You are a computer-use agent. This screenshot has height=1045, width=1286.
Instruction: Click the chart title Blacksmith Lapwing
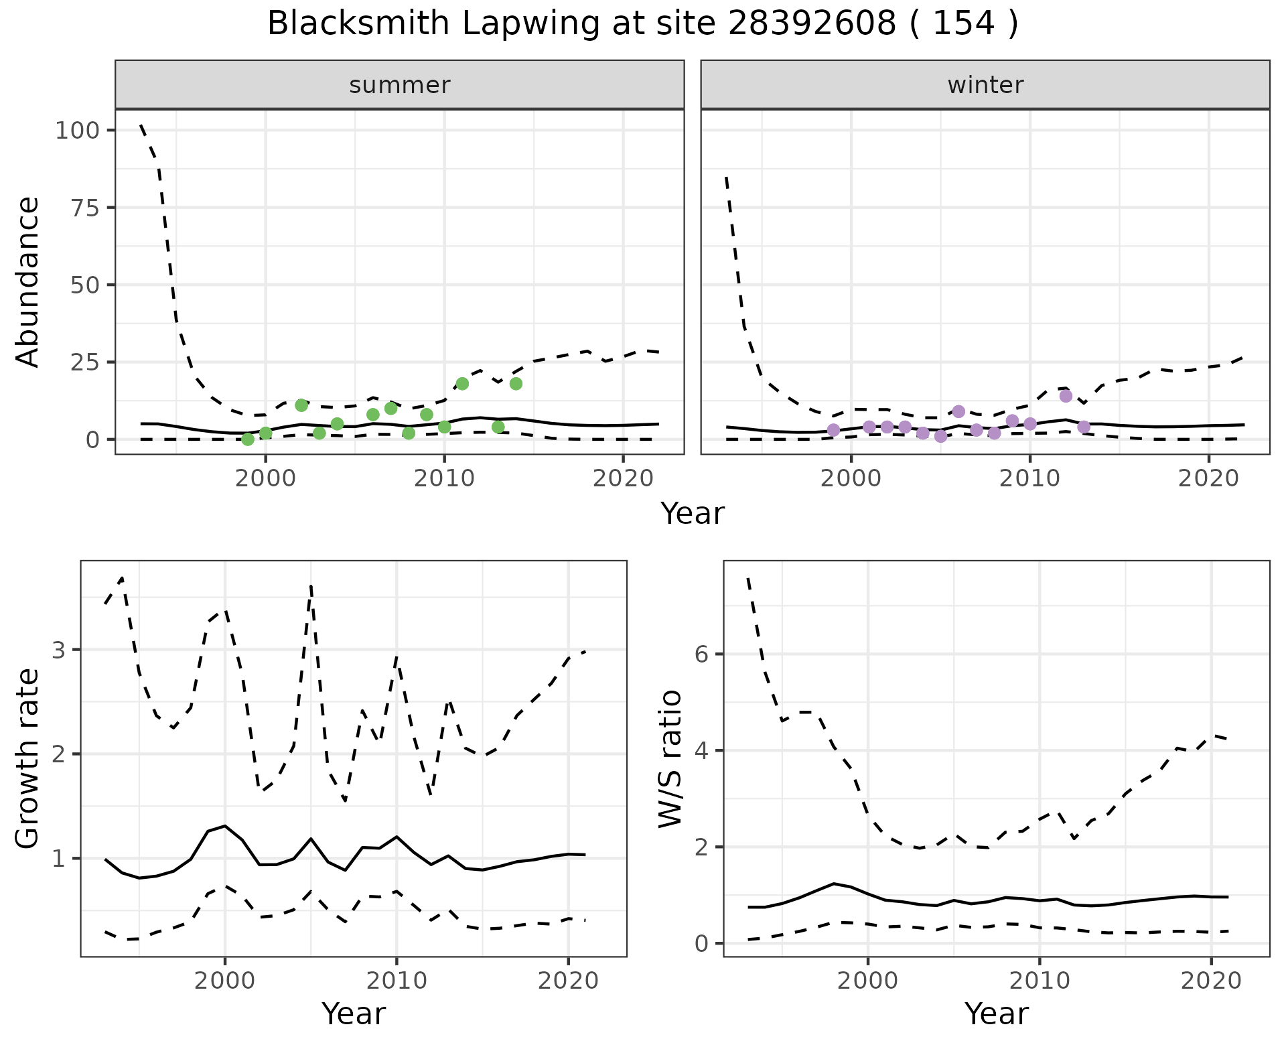642,24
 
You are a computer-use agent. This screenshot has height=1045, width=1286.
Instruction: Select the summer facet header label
399,85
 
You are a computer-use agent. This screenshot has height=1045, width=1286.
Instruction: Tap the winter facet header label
985,85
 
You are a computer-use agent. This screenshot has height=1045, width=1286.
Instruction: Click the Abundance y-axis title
28,282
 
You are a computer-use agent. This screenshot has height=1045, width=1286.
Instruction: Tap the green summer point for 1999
248,439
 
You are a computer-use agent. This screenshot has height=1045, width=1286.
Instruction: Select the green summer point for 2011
462,384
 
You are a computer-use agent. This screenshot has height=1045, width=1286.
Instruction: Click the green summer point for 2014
516,384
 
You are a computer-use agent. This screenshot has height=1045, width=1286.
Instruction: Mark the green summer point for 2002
301,405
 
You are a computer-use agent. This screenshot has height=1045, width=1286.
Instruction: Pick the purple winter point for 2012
1066,396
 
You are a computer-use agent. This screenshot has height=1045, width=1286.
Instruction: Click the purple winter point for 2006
958,411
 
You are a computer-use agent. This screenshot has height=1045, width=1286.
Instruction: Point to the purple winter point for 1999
833,430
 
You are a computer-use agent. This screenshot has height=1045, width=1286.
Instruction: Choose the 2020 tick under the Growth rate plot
568,981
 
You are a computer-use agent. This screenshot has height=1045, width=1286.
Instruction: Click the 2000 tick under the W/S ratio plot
868,981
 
